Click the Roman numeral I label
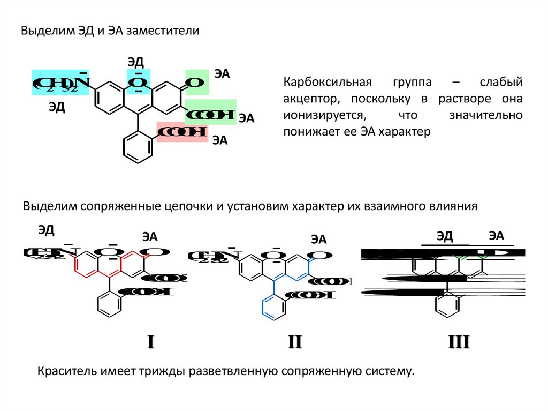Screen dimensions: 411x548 click(x=151, y=342)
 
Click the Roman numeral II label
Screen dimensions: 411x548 click(x=295, y=342)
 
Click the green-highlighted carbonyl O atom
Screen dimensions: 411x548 click(x=196, y=83)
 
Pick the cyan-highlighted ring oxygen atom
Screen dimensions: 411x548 click(x=138, y=82)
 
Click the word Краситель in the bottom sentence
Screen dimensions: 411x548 click(x=59, y=371)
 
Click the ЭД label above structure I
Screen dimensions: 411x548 click(x=46, y=230)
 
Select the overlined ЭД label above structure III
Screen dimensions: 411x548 click(x=444, y=236)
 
